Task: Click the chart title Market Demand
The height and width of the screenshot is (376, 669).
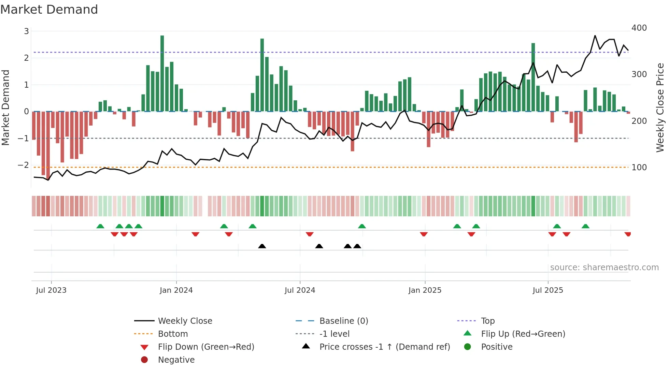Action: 49,10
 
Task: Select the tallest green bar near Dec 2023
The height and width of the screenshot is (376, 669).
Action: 162,73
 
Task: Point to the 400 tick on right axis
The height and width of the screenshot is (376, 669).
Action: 639,28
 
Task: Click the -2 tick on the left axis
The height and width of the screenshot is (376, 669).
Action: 24,165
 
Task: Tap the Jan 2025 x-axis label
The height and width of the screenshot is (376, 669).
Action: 425,290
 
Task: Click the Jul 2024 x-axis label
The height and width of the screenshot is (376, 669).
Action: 300,290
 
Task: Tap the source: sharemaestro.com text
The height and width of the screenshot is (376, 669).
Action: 604,267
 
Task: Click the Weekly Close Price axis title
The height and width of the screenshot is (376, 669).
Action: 660,107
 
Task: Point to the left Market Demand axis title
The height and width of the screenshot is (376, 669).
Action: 5,107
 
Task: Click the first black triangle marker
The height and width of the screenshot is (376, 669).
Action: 262,246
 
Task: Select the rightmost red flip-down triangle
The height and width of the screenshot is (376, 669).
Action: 627,234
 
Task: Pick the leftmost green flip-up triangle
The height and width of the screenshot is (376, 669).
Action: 100,226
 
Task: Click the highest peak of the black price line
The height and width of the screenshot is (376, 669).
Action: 595,35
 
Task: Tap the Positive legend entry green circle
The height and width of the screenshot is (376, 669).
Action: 468,347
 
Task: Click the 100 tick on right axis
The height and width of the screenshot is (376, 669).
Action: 639,168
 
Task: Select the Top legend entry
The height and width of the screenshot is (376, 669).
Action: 487,321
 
